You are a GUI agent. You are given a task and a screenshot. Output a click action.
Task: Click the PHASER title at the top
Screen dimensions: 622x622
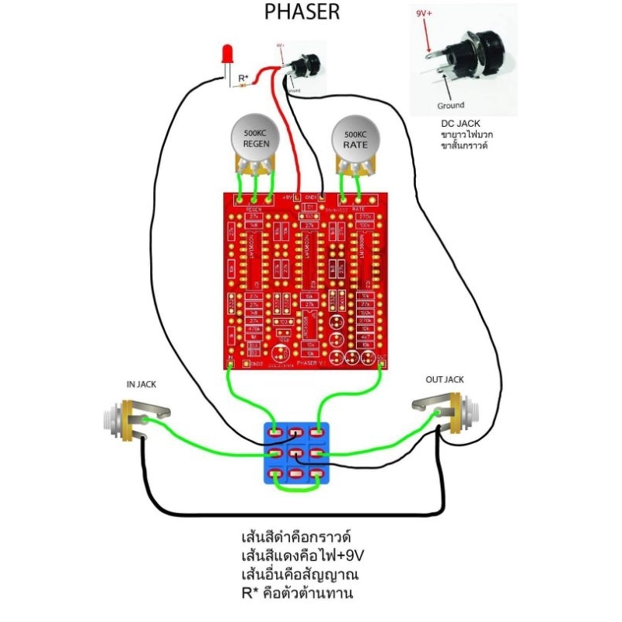(302, 12)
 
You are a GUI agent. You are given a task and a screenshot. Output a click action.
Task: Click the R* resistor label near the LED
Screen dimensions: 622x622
(243, 78)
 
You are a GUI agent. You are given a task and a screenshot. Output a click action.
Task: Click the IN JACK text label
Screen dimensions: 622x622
(142, 384)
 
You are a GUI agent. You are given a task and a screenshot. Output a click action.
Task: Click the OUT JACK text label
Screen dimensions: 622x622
(445, 379)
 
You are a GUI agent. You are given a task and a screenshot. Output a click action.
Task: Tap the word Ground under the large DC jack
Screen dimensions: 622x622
(451, 105)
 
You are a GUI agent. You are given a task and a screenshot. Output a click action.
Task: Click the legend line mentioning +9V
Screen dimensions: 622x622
(302, 556)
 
